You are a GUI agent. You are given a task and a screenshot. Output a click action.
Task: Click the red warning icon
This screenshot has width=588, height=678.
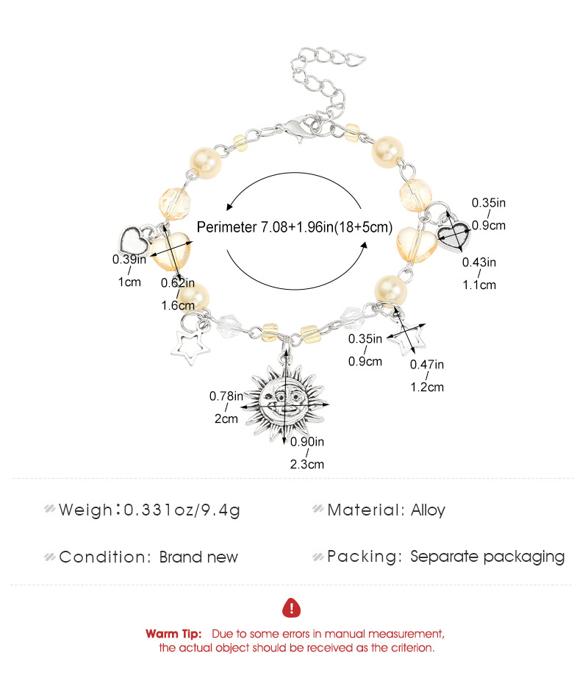coord(292,608)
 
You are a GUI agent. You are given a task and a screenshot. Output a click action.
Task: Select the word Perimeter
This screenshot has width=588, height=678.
coord(227,227)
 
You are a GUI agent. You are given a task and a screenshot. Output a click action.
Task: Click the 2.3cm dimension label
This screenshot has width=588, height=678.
coord(306,465)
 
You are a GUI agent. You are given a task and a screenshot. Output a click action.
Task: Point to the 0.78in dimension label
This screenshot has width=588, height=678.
coord(226,396)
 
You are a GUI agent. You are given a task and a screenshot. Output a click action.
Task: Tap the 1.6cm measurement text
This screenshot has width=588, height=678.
coord(178,306)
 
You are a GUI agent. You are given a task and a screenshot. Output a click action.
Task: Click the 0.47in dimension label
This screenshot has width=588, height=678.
coord(427,365)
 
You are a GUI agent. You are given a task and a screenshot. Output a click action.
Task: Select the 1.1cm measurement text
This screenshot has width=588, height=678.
coord(479,285)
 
